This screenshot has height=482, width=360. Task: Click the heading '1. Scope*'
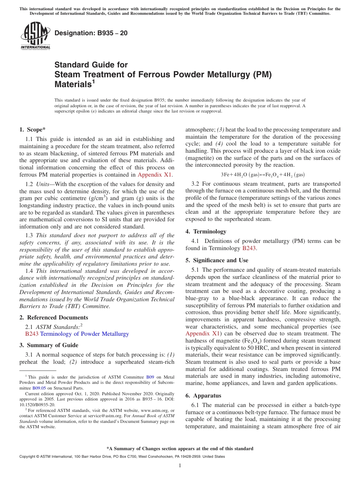click(33, 129)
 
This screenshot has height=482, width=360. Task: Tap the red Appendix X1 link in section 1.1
click(155, 175)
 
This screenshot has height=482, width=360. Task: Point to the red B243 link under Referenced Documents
click(31, 334)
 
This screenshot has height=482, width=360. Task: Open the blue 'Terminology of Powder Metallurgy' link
click(85, 334)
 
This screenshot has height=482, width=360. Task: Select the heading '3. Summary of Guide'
click(49, 345)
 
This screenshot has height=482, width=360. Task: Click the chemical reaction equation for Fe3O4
click(263, 175)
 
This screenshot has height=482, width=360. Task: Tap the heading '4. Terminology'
click(206, 232)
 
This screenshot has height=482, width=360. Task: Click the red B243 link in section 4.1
click(249, 248)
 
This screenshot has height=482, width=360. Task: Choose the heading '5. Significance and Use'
click(217, 260)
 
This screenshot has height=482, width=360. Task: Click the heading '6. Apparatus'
click(203, 396)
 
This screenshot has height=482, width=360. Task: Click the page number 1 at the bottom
click(180, 466)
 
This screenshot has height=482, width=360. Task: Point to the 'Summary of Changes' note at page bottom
click(180, 449)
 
